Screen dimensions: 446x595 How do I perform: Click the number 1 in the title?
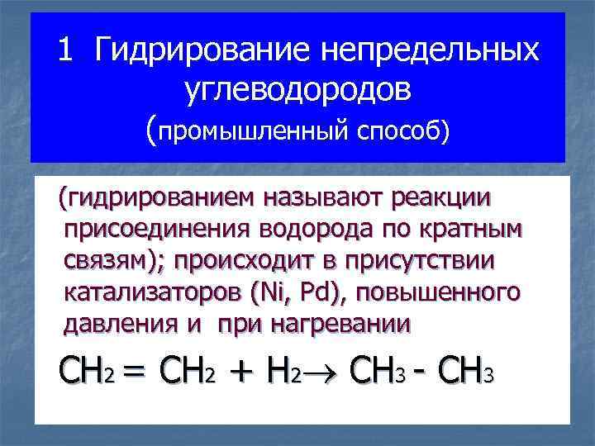64,51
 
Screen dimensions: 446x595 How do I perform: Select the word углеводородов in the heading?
297,90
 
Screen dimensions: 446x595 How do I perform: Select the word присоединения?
153,230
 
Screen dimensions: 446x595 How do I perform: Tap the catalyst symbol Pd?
316,292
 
